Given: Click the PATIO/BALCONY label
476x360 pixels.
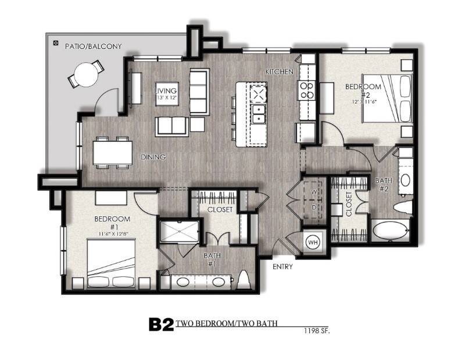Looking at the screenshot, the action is [x=93, y=46].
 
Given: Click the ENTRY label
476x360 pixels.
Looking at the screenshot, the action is [x=282, y=267].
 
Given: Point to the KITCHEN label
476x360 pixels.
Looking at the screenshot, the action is [x=280, y=72].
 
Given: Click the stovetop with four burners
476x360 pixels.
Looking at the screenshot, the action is [x=307, y=90].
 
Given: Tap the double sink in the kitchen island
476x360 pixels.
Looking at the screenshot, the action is [x=258, y=114].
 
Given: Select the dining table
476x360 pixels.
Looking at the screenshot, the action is [x=113, y=152].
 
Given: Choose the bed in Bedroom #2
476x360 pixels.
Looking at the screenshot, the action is [x=387, y=99].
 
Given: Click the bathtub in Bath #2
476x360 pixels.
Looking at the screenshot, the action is [x=390, y=232].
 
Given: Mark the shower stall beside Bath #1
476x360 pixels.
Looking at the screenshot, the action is [x=180, y=231].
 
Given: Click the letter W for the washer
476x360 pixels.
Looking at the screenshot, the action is [x=314, y=192].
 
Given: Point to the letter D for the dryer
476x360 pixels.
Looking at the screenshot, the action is [x=314, y=208].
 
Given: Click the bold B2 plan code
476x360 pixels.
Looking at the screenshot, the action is [x=161, y=325].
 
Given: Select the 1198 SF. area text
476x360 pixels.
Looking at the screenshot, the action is [x=317, y=331].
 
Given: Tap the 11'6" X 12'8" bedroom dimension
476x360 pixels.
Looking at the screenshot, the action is [x=112, y=234].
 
